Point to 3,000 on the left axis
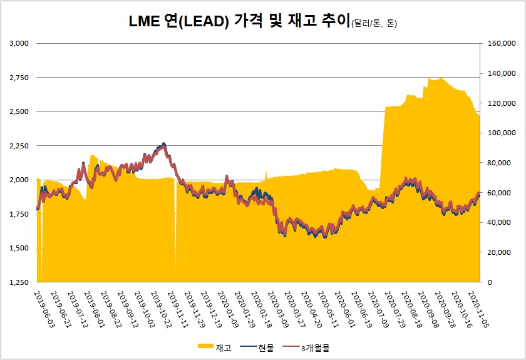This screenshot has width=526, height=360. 20,43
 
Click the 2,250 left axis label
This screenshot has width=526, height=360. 20,145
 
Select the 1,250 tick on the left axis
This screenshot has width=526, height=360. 20,282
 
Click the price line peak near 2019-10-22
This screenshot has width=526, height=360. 163,145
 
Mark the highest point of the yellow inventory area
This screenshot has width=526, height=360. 441,78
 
